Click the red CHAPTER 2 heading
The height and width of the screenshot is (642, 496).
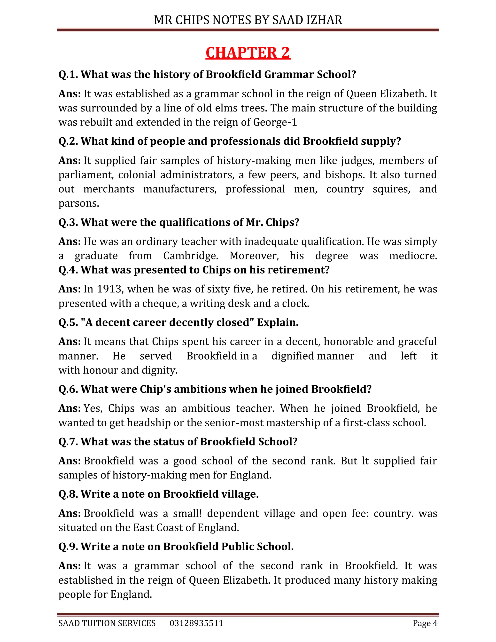[248, 53]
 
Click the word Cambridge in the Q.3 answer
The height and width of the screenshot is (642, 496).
[190, 256]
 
